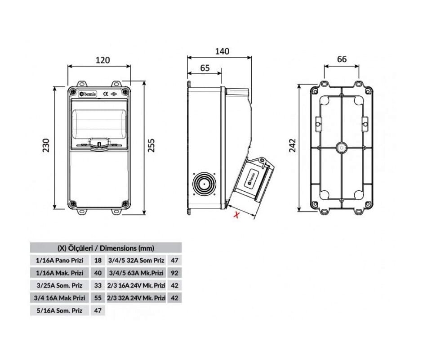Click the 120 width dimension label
point(103,60)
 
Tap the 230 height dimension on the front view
point(46,145)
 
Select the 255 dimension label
point(151,145)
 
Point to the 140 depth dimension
point(222,51)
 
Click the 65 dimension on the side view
point(205,68)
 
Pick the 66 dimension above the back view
point(342,59)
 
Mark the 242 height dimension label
point(293,145)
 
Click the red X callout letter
point(236,215)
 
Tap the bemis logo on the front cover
point(87,94)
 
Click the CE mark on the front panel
point(106,94)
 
